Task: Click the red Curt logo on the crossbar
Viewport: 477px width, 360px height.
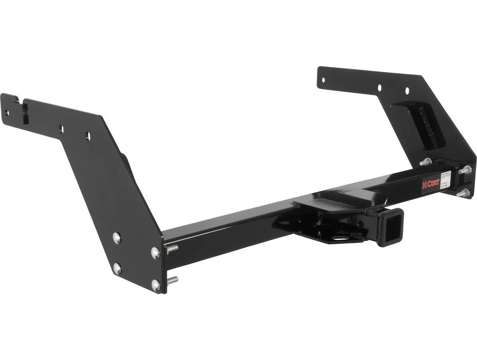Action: tap(430, 184)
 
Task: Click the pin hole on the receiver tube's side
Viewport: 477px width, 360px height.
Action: tap(372, 217)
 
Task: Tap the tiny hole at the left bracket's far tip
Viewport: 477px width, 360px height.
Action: tap(7, 113)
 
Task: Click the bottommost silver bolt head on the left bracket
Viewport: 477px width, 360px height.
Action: tap(156, 285)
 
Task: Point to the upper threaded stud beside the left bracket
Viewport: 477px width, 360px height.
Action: tap(171, 248)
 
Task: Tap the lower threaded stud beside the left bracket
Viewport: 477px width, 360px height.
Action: tap(172, 281)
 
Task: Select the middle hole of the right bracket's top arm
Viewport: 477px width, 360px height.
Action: tap(379, 87)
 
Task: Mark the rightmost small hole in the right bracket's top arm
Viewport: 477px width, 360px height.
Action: tap(406, 91)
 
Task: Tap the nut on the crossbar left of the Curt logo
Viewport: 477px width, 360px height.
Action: tap(425, 162)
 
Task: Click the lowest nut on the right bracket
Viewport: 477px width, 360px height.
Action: tap(463, 193)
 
